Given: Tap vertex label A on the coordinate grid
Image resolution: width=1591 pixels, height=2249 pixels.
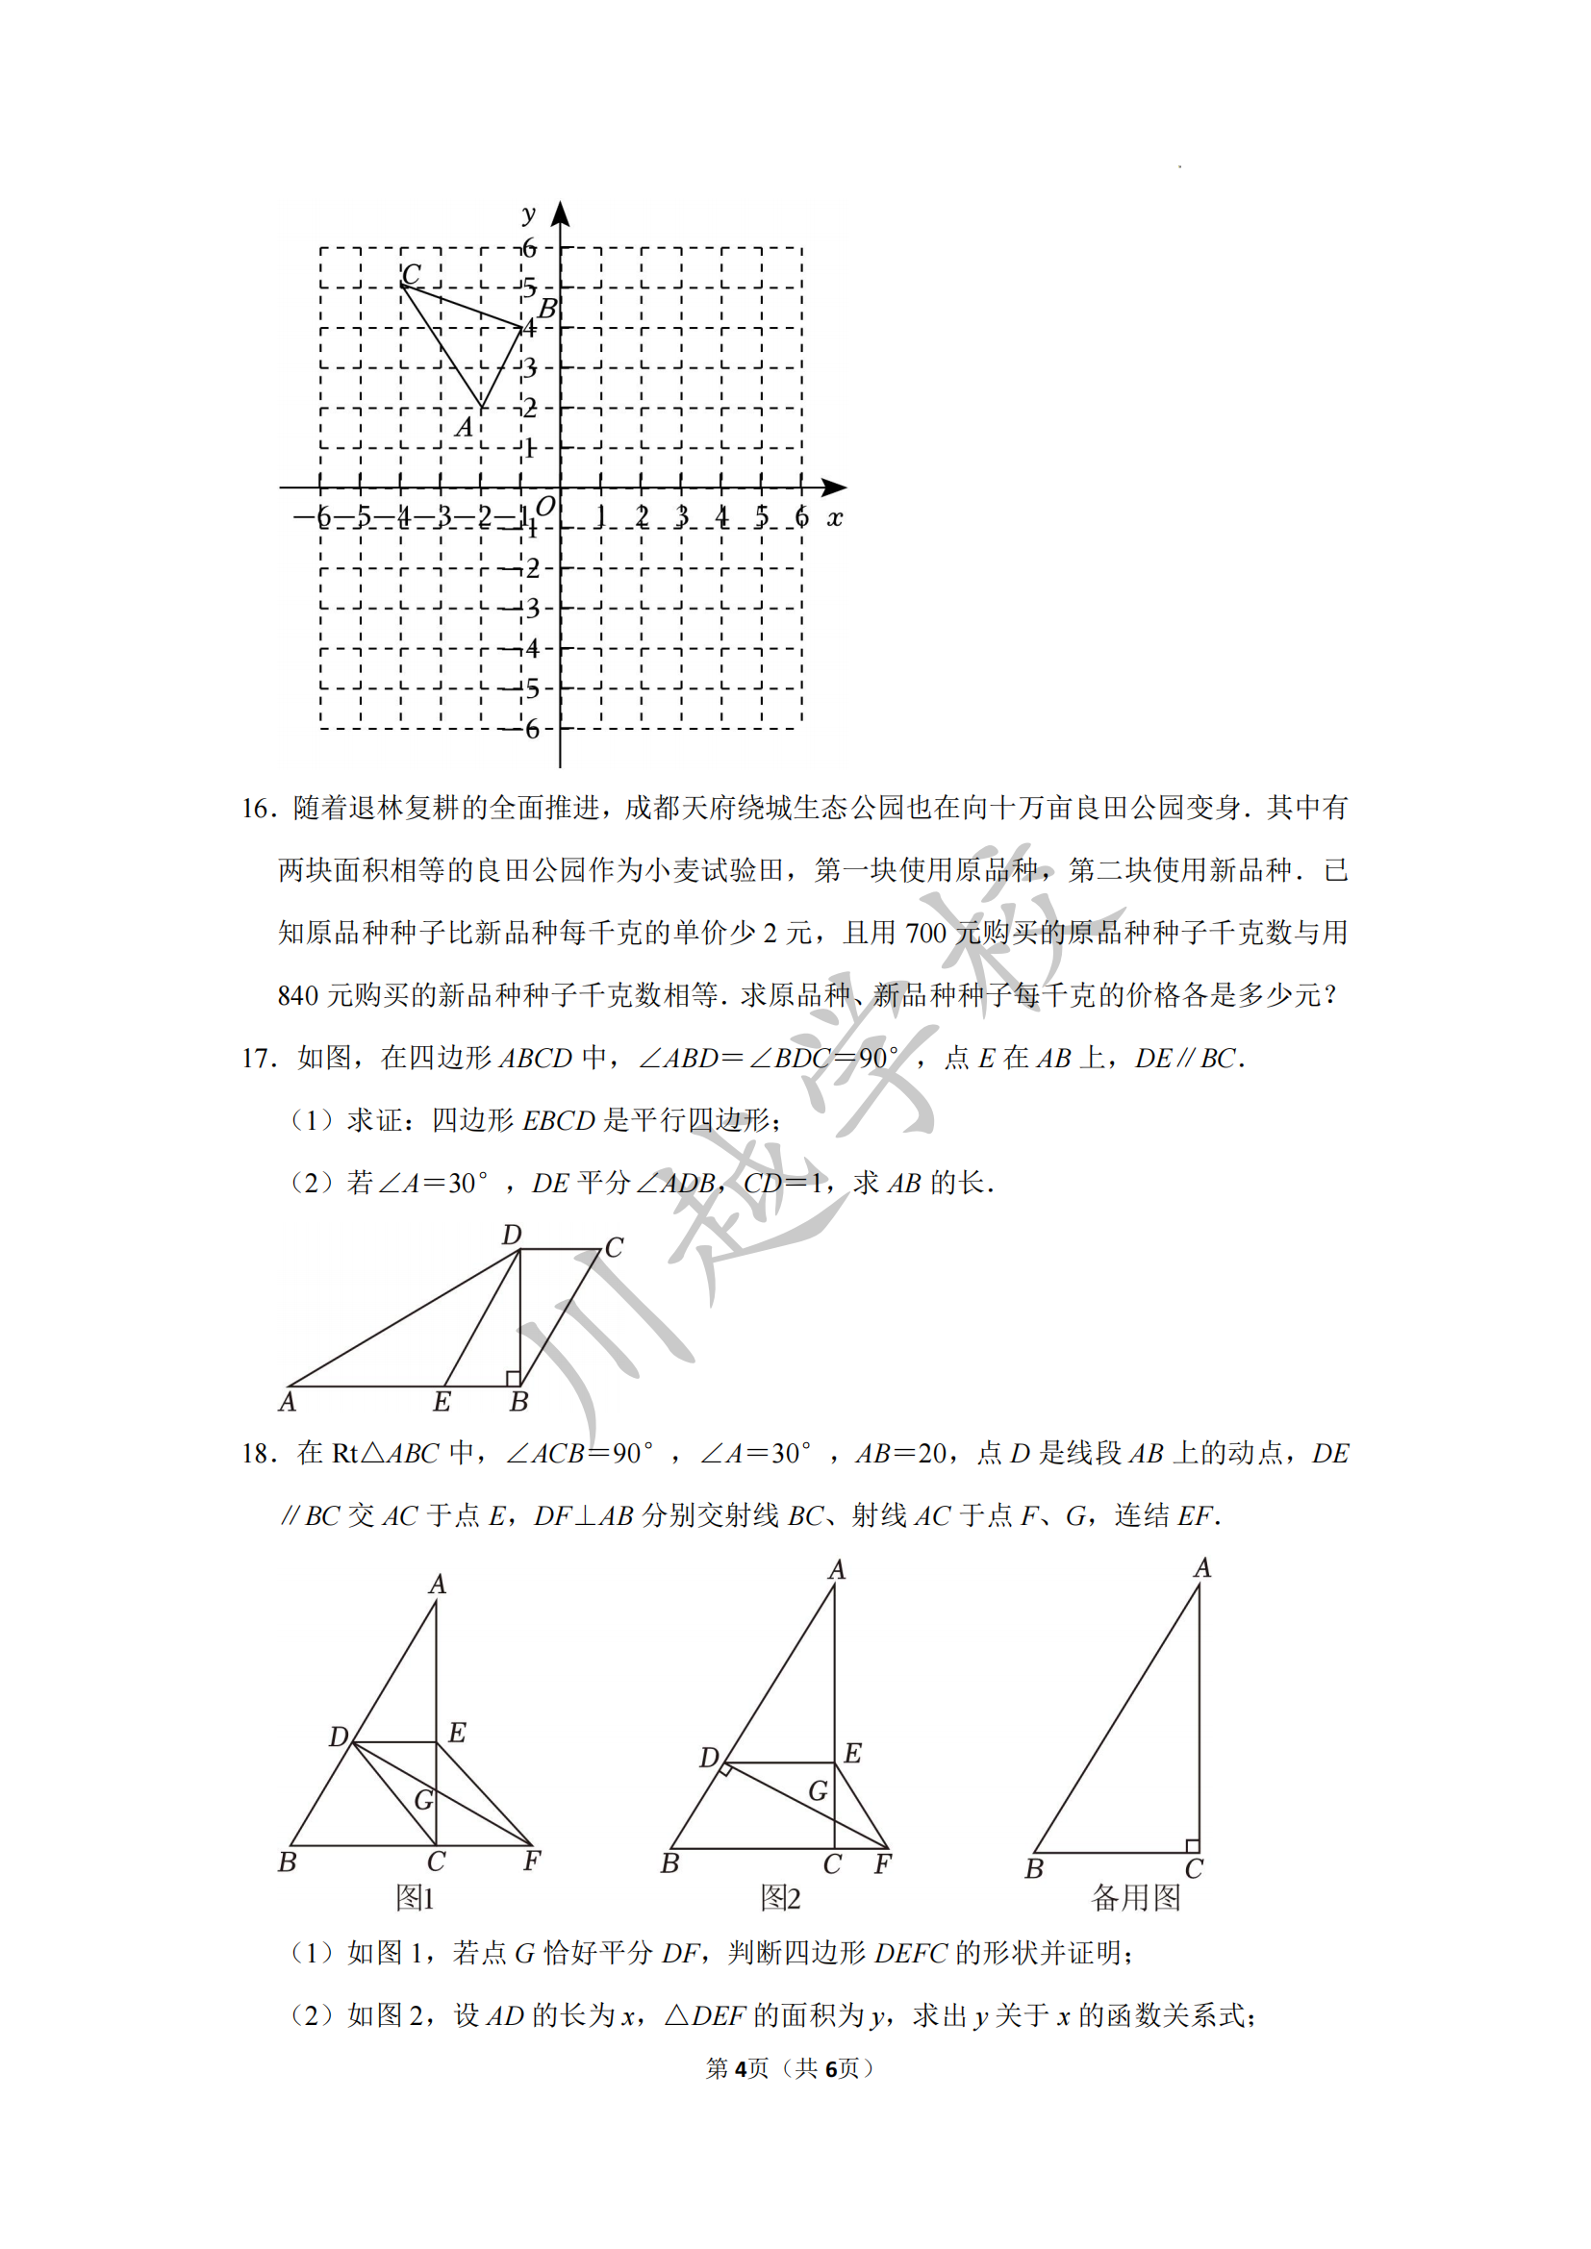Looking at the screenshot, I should click(465, 427).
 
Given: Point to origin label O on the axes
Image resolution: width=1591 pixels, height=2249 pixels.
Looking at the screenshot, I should click(544, 506).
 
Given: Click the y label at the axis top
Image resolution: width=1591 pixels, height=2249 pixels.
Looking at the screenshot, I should click(529, 213).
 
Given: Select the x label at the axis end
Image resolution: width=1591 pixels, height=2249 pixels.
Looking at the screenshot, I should click(834, 517).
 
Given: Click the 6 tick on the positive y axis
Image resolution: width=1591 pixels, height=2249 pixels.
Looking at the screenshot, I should click(529, 248).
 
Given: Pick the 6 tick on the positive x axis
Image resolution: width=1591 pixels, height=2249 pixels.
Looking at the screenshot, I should click(801, 516).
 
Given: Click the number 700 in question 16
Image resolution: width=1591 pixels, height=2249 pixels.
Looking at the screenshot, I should click(924, 934).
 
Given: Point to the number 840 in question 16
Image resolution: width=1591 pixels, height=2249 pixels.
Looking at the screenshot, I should click(298, 996).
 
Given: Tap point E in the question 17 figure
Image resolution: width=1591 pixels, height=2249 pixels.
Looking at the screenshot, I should click(442, 1401).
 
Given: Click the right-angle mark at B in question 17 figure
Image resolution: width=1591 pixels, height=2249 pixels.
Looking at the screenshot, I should click(513, 1378).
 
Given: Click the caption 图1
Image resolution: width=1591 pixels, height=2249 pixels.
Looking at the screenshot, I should click(415, 1897).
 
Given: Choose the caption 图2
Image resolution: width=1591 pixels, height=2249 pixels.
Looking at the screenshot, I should click(781, 1897).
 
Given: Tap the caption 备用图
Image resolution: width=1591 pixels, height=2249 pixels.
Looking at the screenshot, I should click(1135, 1897).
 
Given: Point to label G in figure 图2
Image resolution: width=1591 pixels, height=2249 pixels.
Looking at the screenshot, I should click(818, 1790).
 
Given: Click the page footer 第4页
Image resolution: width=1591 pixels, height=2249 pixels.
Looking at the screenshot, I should click(738, 2068).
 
